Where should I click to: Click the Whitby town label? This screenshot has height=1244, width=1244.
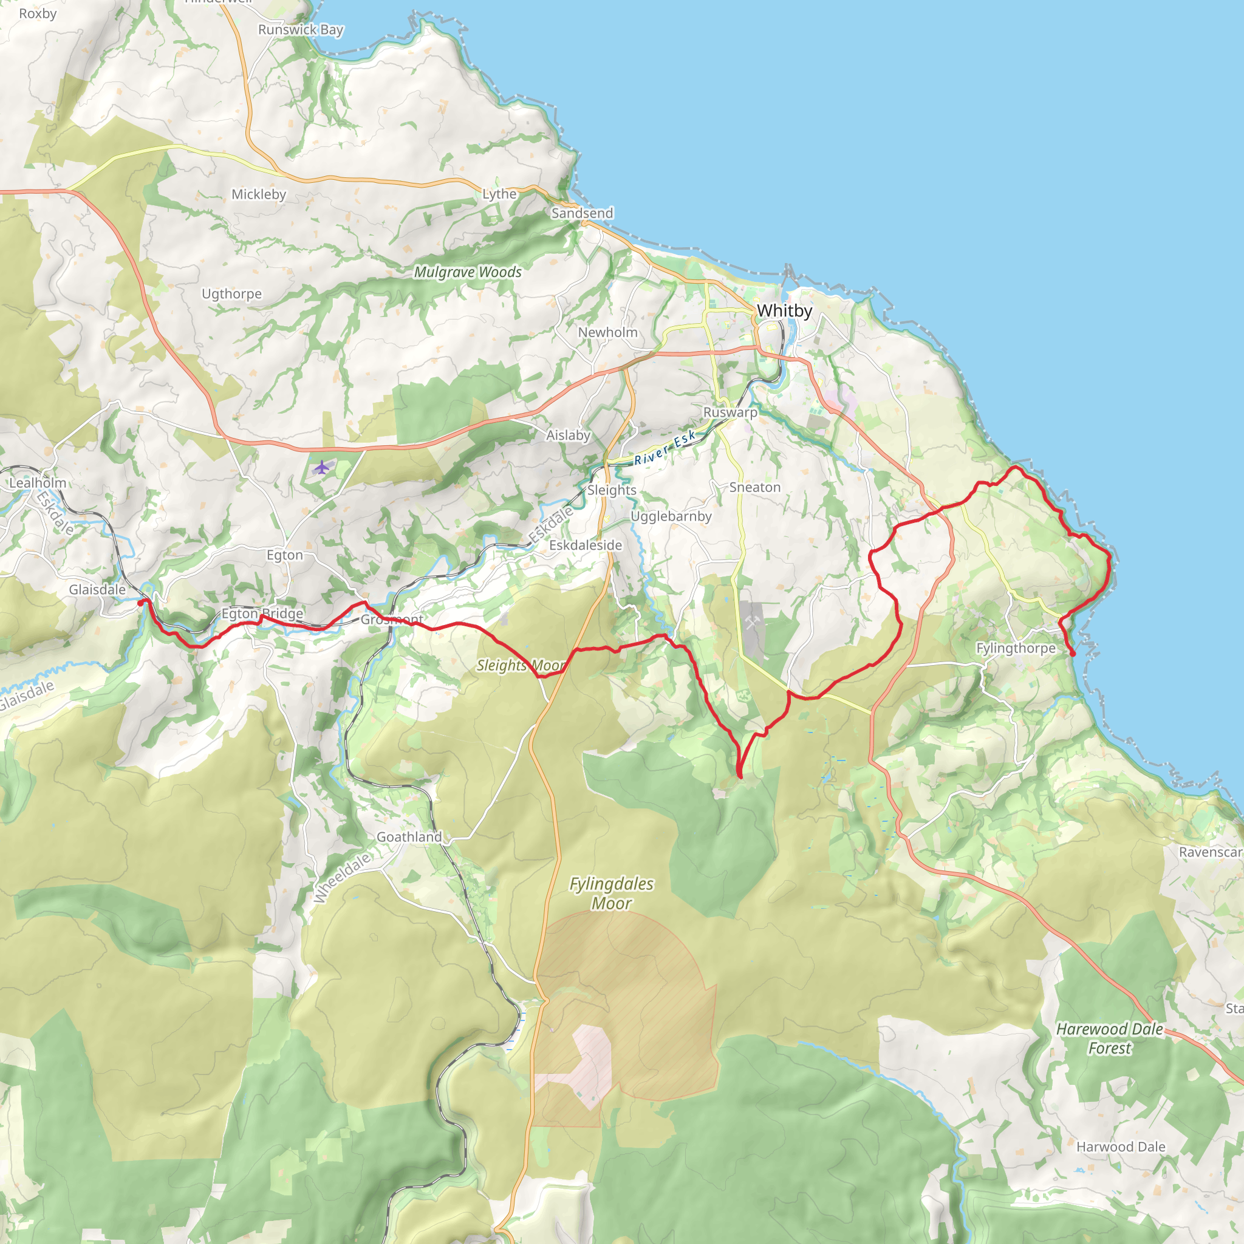pyautogui.click(x=784, y=311)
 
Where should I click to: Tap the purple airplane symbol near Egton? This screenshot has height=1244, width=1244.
pyautogui.click(x=322, y=467)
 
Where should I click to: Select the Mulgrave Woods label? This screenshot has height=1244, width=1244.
pyautogui.click(x=468, y=272)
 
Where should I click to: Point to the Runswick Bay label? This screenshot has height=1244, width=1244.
pyautogui.click(x=301, y=30)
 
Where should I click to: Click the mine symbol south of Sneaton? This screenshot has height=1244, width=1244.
pyautogui.click(x=752, y=622)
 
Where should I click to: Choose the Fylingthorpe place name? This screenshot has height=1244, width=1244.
pyautogui.click(x=1016, y=648)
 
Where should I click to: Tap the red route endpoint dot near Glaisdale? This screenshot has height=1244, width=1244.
pyautogui.click(x=141, y=603)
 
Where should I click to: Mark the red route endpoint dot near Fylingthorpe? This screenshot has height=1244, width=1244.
pyautogui.click(x=1073, y=654)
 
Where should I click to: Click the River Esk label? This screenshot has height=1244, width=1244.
pyautogui.click(x=665, y=448)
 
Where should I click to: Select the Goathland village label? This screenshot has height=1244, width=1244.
pyautogui.click(x=409, y=837)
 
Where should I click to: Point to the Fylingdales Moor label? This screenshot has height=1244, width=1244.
pyautogui.click(x=611, y=894)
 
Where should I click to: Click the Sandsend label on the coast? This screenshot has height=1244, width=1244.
pyautogui.click(x=582, y=213)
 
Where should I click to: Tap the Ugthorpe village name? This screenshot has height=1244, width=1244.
pyautogui.click(x=232, y=294)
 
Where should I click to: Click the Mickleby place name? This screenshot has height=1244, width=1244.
pyautogui.click(x=259, y=194)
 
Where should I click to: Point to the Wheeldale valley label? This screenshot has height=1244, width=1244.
pyautogui.click(x=343, y=878)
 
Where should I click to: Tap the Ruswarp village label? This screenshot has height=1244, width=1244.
pyautogui.click(x=730, y=412)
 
